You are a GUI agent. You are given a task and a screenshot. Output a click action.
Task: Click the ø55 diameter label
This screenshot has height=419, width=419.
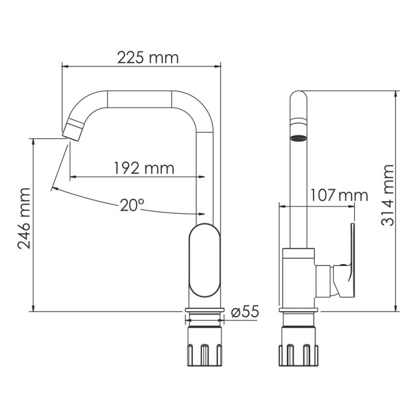244,312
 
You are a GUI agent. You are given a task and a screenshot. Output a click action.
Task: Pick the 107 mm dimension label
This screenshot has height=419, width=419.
338,195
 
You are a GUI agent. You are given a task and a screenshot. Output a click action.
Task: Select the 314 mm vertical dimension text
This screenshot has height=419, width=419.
387,195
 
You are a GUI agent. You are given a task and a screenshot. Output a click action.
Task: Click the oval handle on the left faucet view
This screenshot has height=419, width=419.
205,260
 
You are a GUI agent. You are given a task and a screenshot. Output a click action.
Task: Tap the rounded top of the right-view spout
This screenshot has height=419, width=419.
299,100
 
